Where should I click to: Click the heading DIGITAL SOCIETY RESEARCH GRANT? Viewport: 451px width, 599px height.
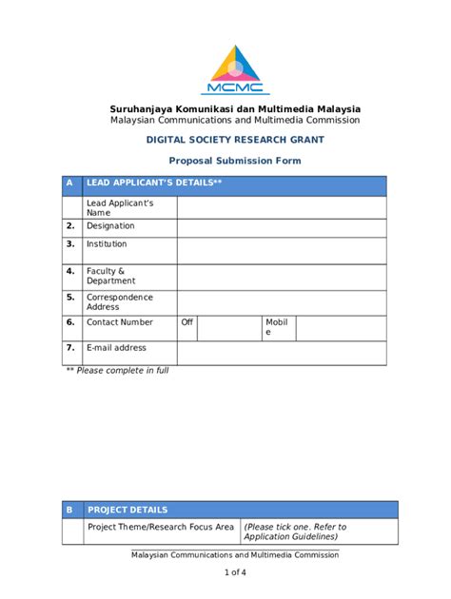(x=234, y=139)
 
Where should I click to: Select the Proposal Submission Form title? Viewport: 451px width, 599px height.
(x=234, y=161)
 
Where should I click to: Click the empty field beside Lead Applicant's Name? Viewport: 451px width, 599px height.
(x=281, y=207)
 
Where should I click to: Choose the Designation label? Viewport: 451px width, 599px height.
(x=110, y=226)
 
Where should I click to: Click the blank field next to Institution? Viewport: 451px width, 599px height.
(x=281, y=250)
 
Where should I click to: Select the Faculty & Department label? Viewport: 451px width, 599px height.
(x=110, y=276)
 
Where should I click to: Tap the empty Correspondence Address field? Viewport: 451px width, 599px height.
(x=281, y=302)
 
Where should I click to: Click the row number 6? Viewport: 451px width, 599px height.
(x=70, y=322)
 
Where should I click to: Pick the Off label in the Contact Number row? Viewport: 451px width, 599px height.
(x=187, y=322)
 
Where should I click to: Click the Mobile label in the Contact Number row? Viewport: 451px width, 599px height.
(x=275, y=327)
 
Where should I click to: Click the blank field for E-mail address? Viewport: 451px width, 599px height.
(x=281, y=353)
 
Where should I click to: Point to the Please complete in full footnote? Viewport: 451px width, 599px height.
(x=117, y=371)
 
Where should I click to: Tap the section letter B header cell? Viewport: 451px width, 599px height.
(x=69, y=510)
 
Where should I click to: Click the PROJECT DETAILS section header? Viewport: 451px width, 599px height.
(x=127, y=510)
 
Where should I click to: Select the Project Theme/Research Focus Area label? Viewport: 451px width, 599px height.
(x=161, y=527)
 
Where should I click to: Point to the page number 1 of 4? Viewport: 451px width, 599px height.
(x=235, y=572)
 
